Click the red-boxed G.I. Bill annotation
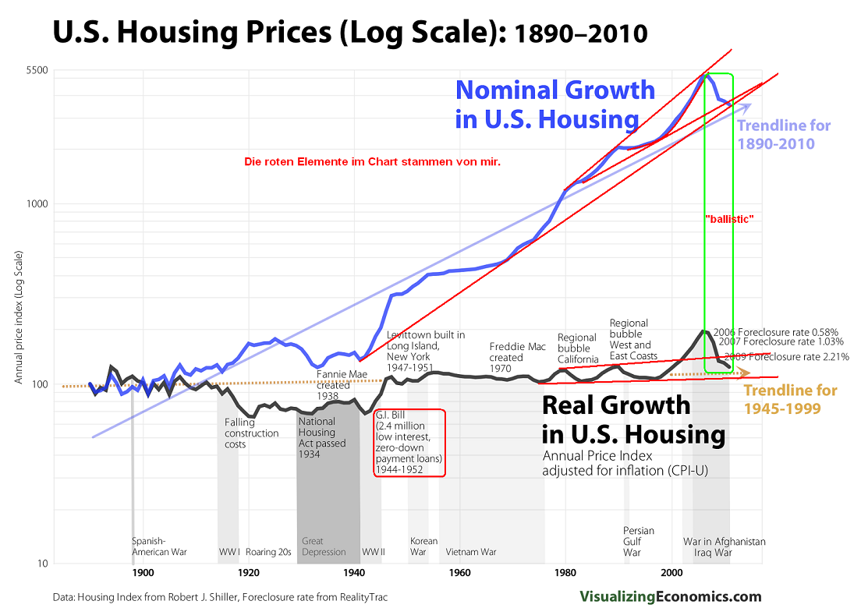coord(409,442)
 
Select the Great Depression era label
coord(324,546)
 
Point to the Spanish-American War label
coord(159,546)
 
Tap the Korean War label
coord(423,546)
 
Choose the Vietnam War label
coord(471,552)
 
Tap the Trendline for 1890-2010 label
coord(784,134)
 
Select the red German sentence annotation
coord(371,162)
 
